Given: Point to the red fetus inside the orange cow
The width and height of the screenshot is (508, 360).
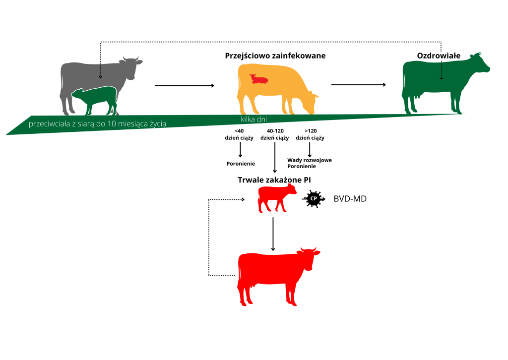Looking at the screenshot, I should (258, 79).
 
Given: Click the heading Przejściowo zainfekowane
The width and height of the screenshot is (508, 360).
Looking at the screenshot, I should (275, 56).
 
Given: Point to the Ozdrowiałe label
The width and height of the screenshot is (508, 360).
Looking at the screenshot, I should (438, 56).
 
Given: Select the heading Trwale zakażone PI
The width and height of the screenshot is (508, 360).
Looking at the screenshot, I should (275, 180).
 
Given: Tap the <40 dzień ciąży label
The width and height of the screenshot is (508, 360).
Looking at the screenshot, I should (240, 134).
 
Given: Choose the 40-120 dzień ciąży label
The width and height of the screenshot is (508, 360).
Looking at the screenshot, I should (275, 134).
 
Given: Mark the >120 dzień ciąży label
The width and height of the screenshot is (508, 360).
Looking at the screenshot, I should (310, 134).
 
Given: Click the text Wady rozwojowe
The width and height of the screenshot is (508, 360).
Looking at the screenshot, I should (310, 160).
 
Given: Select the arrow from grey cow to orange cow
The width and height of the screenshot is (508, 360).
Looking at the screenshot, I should (185, 86).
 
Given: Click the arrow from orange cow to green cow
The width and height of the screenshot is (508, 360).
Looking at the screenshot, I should (358, 85).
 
